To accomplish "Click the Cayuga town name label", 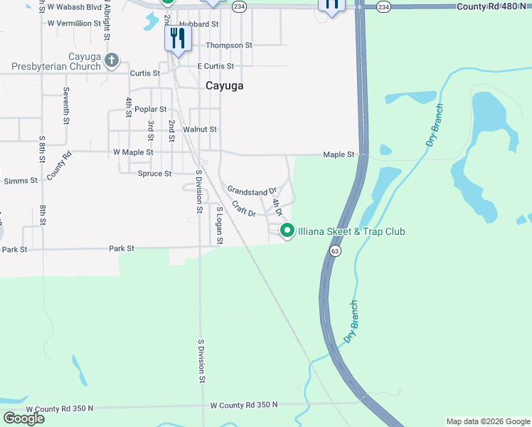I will click(x=224, y=85).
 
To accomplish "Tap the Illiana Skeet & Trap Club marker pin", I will click(x=287, y=231).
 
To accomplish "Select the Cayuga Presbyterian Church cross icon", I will click(x=112, y=60).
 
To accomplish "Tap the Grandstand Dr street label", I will click(x=251, y=191).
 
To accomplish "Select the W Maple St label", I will click(x=133, y=152).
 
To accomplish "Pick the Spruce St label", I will click(x=154, y=174).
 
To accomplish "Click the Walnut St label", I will click(x=200, y=130).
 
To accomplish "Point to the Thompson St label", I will click(x=229, y=45).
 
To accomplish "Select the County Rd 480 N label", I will click(x=491, y=6).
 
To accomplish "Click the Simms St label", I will click(x=21, y=181).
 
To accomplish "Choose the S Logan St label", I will click(x=220, y=226).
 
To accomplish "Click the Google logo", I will click(x=23, y=418).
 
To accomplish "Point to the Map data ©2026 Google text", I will click(x=487, y=421).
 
